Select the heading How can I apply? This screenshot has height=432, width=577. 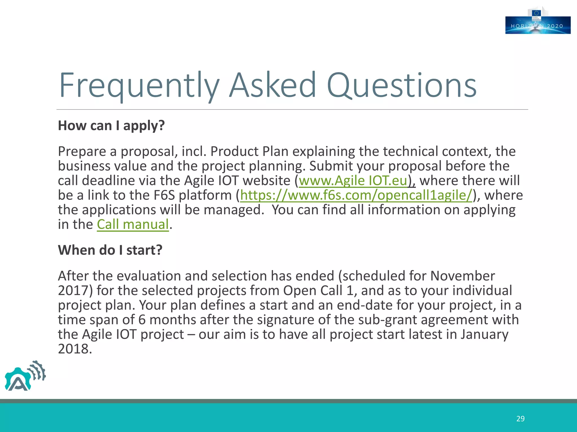[x=111, y=125]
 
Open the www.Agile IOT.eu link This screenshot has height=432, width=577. [x=353, y=181]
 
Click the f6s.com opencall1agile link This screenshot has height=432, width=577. [x=356, y=195]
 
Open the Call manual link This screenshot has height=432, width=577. [x=133, y=224]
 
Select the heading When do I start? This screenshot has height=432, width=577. [x=110, y=250]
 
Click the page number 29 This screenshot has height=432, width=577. [x=520, y=419]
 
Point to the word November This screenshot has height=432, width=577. [x=462, y=276]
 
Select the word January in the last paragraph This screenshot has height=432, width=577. [x=484, y=334]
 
